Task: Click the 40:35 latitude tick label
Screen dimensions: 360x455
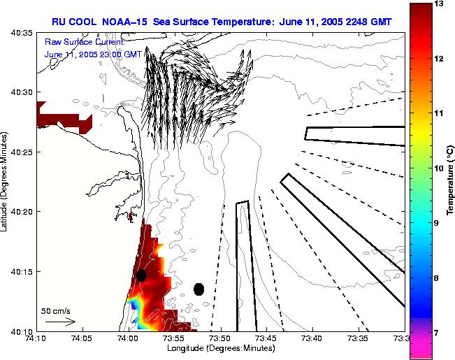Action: [x=17, y=33]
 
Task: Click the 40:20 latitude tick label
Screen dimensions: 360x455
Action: [x=17, y=212]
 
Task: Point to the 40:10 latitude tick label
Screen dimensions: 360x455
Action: [x=17, y=331]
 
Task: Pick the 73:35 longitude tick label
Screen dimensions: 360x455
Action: [x=358, y=339]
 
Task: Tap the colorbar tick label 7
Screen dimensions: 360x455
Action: [x=439, y=333]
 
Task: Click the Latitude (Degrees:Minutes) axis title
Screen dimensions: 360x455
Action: [x=6, y=182]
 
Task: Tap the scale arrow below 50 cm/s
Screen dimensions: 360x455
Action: [x=60, y=322]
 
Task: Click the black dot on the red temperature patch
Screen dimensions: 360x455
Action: [x=141, y=275]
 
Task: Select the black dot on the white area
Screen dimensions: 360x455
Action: [x=199, y=289]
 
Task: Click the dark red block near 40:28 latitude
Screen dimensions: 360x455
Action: [x=63, y=117]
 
